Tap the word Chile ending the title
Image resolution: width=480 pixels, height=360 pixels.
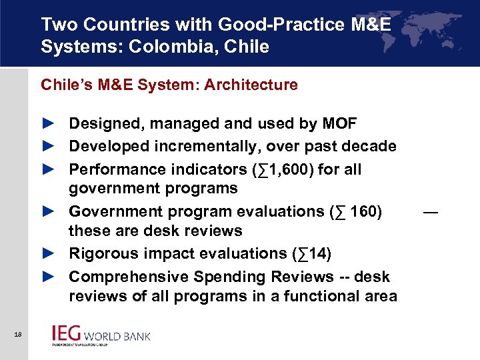pyautogui.click(x=248, y=47)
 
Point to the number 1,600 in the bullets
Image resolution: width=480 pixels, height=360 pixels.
pyautogui.click(x=287, y=169)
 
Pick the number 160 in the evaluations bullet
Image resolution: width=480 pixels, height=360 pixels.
pyautogui.click(x=361, y=211)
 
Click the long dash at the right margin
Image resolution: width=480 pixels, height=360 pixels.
pyautogui.click(x=431, y=213)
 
